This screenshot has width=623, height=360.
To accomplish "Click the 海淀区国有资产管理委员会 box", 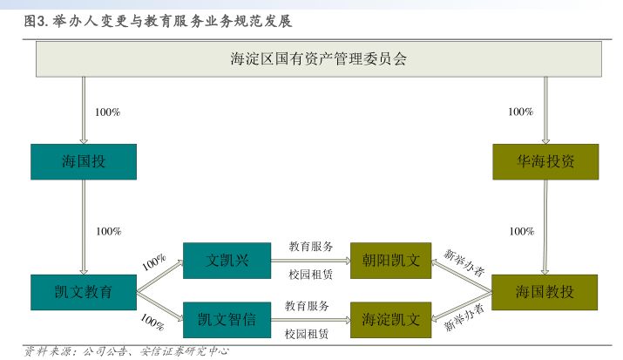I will (x=318, y=59).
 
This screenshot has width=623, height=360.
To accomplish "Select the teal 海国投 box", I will (x=84, y=161).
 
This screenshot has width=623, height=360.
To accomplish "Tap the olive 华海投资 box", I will (x=545, y=161).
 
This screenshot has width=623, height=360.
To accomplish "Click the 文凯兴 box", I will (x=227, y=261).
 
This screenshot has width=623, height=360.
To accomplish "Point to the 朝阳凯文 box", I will (x=390, y=261).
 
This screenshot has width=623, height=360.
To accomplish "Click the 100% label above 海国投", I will (x=106, y=112).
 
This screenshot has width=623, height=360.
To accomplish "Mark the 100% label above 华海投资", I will (x=520, y=112).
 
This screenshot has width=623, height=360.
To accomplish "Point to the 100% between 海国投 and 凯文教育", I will (x=108, y=231).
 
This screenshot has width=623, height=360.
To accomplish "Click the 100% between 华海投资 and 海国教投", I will (x=522, y=231).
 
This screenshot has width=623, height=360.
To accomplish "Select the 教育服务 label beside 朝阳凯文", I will (x=310, y=247).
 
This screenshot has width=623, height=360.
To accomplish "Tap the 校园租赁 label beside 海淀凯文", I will (x=308, y=334).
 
